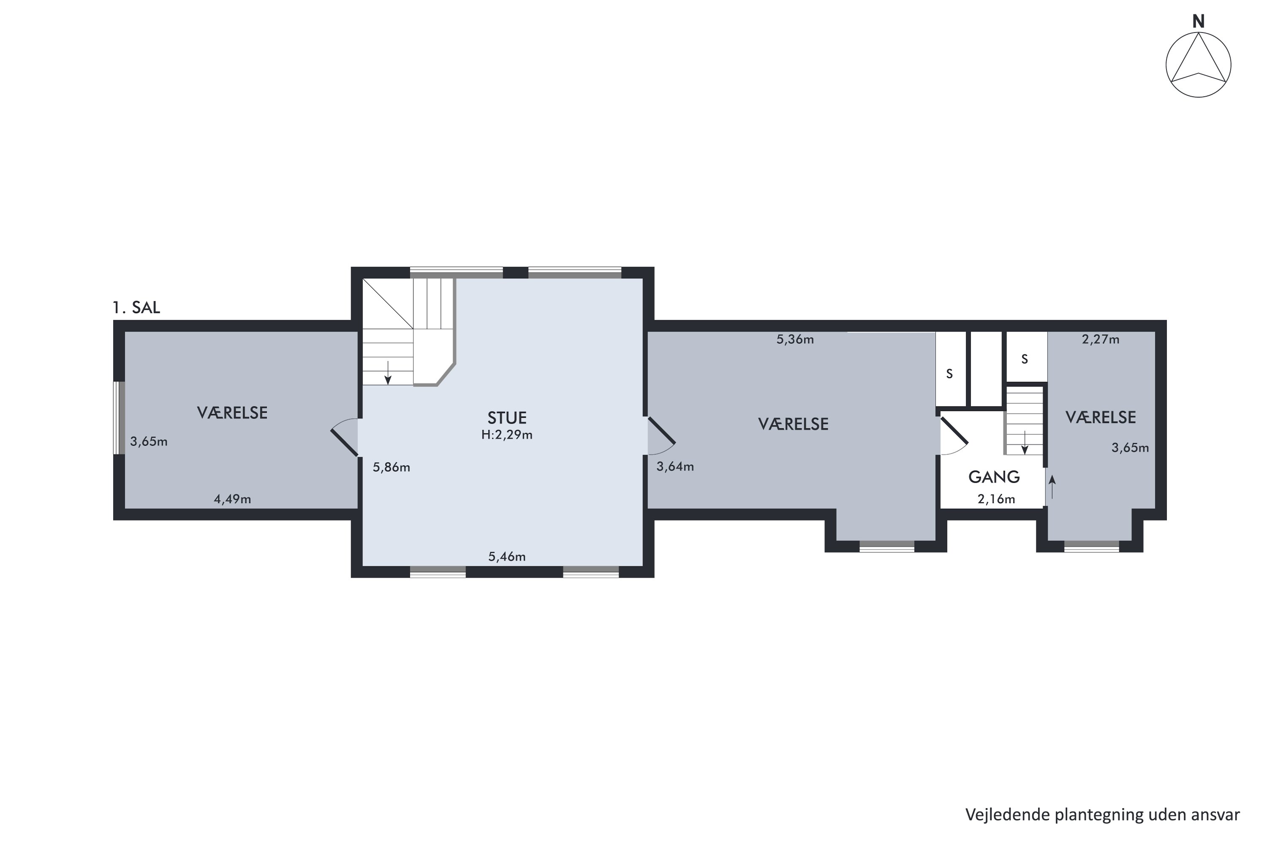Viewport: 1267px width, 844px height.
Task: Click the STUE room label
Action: (x=507, y=418)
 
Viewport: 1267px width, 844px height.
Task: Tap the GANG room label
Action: (x=994, y=477)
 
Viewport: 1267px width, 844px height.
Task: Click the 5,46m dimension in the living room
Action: (x=507, y=557)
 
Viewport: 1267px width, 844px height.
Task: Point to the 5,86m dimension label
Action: (x=392, y=467)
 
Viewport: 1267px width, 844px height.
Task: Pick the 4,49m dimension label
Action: (x=233, y=499)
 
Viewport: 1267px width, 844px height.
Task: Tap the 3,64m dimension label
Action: (x=675, y=467)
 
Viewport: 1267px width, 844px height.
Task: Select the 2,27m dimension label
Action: (x=1101, y=339)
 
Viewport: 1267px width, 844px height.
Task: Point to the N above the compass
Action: (x=1198, y=22)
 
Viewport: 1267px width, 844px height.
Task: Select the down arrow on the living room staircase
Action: (x=388, y=373)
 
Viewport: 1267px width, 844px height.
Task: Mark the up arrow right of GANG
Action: (x=1052, y=487)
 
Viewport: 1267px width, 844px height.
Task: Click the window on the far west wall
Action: (x=119, y=418)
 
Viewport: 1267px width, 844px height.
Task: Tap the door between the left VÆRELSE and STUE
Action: (x=345, y=437)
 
